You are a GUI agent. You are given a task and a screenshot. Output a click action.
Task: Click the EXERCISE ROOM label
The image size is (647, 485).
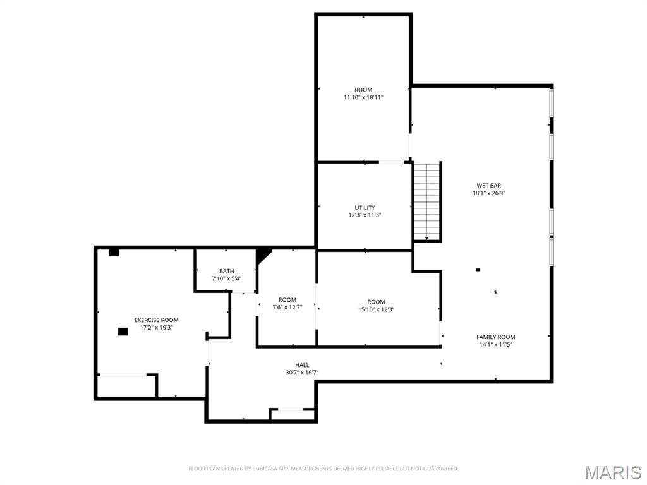tap(156, 320)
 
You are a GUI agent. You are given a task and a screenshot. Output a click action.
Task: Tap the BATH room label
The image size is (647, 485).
tap(226, 271)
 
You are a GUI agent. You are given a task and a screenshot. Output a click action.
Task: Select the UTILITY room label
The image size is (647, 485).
tap(365, 208)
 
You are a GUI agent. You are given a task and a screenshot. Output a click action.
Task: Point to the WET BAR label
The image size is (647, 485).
tap(488, 186)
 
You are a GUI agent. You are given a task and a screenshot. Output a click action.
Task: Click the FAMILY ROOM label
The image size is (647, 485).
tap(495, 337)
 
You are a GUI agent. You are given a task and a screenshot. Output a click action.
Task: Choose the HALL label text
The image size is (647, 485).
tap(302, 365)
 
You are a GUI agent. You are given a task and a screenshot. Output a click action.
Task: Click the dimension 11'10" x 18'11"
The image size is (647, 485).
tap(363, 97)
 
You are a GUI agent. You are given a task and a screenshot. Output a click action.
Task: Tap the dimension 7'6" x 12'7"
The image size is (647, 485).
tap(287, 308)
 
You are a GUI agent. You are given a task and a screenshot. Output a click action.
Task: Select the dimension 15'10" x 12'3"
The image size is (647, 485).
tap(376, 309)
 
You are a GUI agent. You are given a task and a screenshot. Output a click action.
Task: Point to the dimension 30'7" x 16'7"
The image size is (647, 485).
tap(302, 373)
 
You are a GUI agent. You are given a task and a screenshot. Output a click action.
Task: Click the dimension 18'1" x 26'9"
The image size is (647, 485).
tap(488, 193)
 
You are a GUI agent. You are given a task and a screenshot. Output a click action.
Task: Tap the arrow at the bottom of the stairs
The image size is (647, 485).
tap(427, 238)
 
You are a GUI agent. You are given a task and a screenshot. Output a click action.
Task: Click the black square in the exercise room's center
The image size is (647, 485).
tap(123, 331)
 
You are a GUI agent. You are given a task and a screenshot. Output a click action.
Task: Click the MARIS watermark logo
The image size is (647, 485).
tap(612, 472)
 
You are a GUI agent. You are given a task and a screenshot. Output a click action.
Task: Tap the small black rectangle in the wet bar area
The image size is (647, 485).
tap(478, 270)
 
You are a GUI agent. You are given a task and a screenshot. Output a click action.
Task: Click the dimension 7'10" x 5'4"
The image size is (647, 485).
tap(226, 278)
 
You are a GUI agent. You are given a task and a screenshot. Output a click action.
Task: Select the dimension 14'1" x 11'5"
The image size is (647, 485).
tap(495, 345)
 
